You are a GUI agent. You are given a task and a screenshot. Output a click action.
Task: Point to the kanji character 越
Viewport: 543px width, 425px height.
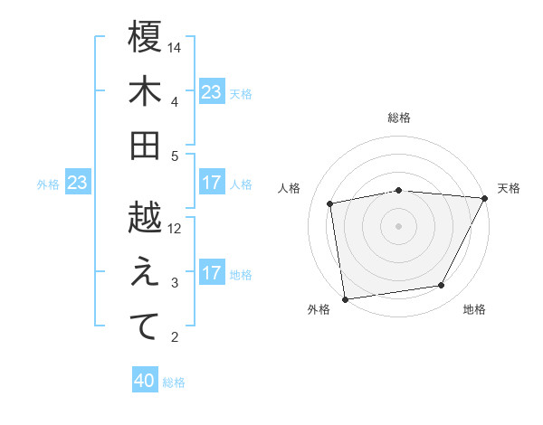click(145, 218)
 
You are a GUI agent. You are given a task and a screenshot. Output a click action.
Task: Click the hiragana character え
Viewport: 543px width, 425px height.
click(145, 272)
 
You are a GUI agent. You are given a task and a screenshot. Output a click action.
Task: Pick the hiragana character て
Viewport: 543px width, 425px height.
click(145, 326)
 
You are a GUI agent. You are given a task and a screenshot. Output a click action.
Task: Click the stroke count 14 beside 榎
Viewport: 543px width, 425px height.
click(176, 47)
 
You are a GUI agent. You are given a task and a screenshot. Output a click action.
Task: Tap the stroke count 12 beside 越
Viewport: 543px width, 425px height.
click(176, 228)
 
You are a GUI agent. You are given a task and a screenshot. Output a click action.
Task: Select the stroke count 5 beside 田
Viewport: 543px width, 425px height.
click(176, 156)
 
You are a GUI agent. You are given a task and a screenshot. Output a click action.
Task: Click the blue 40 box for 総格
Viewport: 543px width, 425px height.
click(145, 382)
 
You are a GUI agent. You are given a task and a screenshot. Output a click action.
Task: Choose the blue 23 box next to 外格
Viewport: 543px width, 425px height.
click(77, 184)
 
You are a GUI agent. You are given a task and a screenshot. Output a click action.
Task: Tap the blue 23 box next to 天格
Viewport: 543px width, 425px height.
click(212, 92)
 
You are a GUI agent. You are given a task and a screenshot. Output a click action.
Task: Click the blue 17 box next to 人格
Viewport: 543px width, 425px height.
click(212, 184)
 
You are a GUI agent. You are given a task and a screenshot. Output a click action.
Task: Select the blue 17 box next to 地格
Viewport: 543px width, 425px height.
click(212, 274)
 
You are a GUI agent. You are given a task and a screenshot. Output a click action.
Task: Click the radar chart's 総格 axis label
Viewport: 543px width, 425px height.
click(399, 118)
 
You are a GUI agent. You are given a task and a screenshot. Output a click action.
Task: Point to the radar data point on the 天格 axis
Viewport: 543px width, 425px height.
click(485, 198)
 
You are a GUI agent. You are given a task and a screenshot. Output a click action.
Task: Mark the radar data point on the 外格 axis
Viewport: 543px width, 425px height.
click(345, 298)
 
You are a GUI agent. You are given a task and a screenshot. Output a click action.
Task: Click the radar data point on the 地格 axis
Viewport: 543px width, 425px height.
click(442, 286)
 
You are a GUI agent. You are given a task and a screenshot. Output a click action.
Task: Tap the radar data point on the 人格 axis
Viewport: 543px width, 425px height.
click(330, 203)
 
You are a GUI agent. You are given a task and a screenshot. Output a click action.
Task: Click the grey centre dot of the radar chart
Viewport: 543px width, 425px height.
click(399, 225)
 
